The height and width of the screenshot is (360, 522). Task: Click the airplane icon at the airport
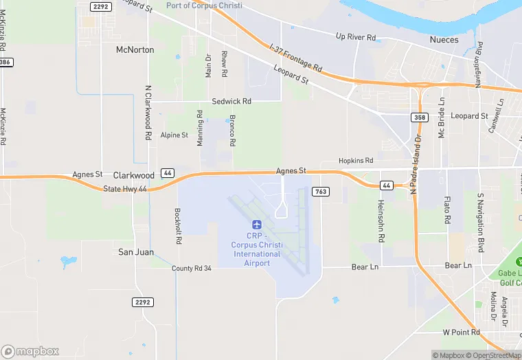coord(257,225)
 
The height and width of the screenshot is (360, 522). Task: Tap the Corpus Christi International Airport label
coord(258,249)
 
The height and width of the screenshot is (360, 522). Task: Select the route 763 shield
coord(320,192)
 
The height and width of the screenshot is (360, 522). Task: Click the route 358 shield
coord(420,118)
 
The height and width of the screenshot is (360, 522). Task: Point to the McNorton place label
coord(135,50)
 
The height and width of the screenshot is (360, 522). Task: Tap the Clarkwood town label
coord(133,175)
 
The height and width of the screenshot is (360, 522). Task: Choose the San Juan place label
coord(135,252)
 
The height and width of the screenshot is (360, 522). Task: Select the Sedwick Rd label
coord(231,101)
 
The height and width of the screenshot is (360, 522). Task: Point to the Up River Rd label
coord(356,36)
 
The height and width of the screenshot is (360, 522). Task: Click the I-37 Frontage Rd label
coord(296,58)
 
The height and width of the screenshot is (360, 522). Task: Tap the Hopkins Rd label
coord(355,160)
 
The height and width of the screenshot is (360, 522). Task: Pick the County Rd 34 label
coord(192,268)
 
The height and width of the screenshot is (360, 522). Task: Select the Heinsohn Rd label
coord(381,220)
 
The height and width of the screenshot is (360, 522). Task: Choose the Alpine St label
coord(174,135)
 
